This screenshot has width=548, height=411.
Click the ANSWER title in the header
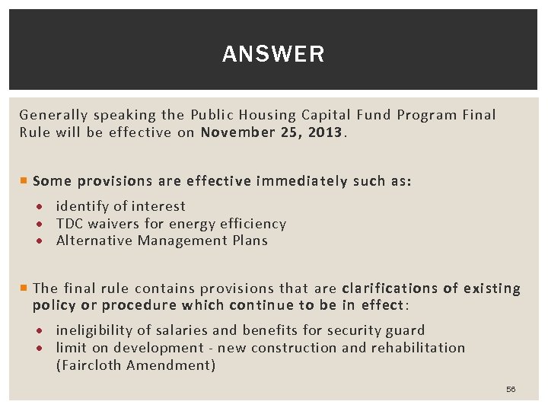point(273,54)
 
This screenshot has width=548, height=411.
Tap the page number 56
point(511,389)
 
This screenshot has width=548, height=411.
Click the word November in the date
point(236,132)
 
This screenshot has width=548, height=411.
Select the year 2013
point(326,132)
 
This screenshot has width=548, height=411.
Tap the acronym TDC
point(70,224)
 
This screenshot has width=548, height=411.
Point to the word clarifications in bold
point(390,288)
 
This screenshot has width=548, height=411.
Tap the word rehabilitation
point(418,348)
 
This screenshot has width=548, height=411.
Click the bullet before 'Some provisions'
point(24,181)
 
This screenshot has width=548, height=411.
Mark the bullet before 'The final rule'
point(24,288)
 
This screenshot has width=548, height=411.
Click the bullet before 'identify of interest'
point(47,207)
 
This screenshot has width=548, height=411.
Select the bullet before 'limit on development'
point(47,349)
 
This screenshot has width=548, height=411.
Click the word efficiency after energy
point(252,224)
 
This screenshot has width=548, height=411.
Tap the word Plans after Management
point(250,241)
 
